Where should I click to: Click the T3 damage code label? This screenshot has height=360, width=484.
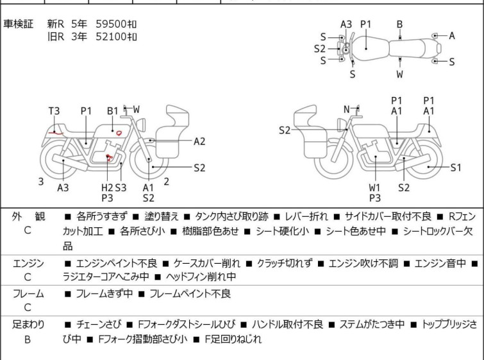(54, 111)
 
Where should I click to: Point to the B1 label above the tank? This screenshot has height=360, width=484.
(113, 111)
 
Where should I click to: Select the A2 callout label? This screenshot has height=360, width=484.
(199, 141)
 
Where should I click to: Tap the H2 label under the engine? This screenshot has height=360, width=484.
(107, 187)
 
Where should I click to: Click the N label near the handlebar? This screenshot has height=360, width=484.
(346, 110)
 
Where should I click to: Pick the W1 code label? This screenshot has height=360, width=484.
(375, 187)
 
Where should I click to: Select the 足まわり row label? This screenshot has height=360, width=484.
(28, 325)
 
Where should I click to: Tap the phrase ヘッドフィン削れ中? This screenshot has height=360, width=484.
(201, 277)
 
